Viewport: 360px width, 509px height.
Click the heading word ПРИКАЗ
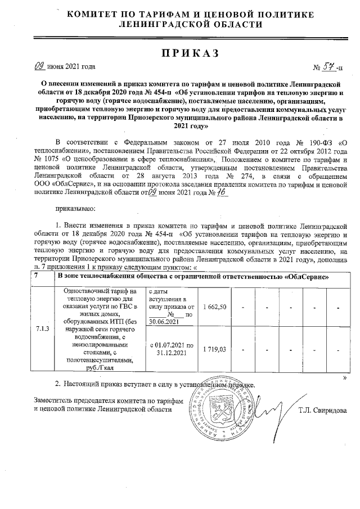click(x=180, y=53)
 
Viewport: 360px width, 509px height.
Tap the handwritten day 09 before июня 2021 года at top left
click(x=40, y=67)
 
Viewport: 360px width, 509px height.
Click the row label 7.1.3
click(x=42, y=328)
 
